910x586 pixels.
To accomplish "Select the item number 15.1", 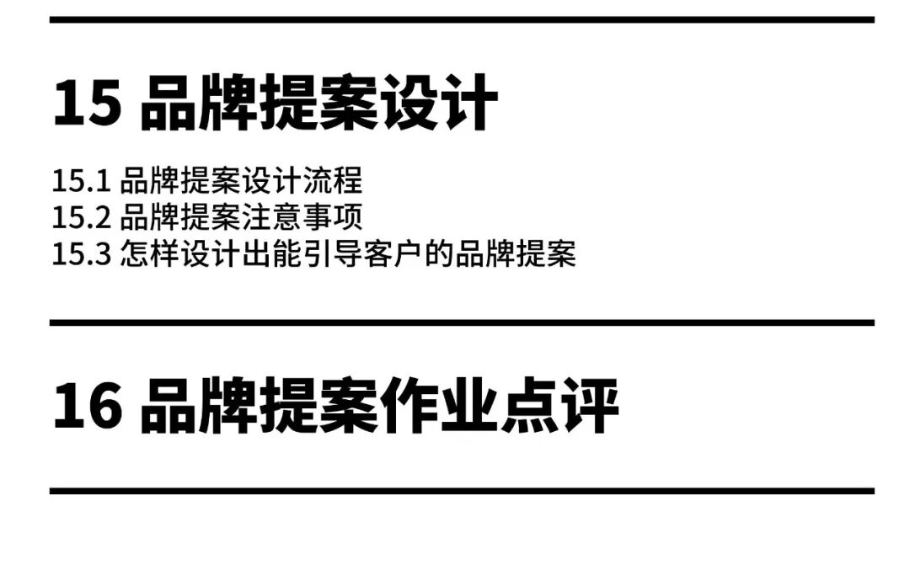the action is click(81, 181).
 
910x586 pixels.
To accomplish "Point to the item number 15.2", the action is click(81, 217).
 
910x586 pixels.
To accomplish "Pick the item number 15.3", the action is click(81, 253).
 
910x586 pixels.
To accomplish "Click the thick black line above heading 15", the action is click(462, 19).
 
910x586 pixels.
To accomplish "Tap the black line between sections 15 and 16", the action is click(462, 322).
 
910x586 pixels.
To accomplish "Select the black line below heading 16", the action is click(462, 490).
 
